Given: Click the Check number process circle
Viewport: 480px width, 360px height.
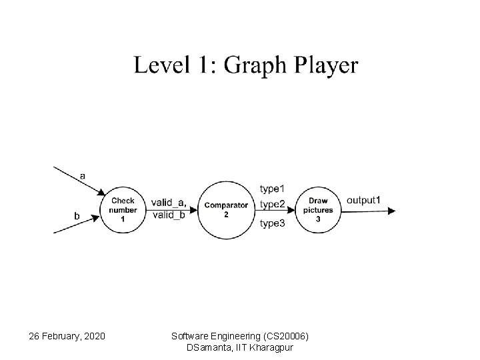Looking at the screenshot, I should (122, 209).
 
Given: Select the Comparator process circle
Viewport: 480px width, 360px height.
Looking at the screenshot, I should (226, 209).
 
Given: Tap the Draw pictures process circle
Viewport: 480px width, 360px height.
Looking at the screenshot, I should (318, 209).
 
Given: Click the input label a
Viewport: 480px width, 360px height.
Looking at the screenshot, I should (82, 176).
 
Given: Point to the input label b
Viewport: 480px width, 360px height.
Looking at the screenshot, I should (77, 215).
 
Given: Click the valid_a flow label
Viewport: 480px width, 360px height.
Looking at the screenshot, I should (168, 203).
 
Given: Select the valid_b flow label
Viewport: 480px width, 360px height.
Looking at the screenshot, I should (169, 214).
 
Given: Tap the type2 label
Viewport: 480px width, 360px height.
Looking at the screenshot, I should (272, 203).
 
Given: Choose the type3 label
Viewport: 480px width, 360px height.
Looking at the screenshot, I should (272, 223).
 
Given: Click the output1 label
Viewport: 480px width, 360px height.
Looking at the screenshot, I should (363, 200).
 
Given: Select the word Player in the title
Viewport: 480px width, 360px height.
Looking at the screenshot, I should (324, 67).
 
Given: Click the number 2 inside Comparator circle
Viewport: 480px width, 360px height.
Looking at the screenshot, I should (226, 215).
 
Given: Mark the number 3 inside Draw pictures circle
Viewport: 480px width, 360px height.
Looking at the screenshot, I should (318, 219).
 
